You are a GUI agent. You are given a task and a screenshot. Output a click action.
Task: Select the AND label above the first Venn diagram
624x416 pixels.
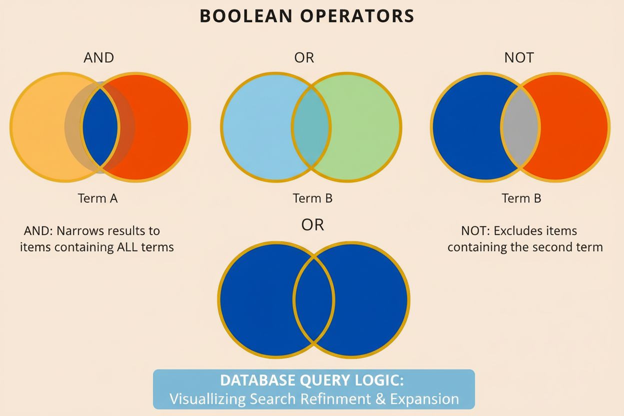pyautogui.click(x=98, y=57)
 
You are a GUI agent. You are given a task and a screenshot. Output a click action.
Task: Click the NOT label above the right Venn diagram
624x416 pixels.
pyautogui.click(x=519, y=57)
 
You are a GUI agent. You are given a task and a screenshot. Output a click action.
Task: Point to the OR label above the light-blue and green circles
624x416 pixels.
pyautogui.click(x=304, y=57)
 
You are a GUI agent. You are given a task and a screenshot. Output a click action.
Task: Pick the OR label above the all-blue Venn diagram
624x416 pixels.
pyautogui.click(x=312, y=225)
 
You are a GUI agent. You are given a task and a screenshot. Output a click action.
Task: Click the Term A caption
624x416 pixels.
pyautogui.click(x=98, y=198)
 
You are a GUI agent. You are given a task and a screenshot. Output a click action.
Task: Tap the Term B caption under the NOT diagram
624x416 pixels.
pyautogui.click(x=521, y=198)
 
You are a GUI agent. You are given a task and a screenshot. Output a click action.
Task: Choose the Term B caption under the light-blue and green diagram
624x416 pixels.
pyautogui.click(x=312, y=198)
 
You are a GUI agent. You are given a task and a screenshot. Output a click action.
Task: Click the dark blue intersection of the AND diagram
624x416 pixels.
pyautogui.click(x=100, y=127)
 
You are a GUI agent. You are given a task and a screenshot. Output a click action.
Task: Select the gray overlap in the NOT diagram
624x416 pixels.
pyautogui.click(x=520, y=127)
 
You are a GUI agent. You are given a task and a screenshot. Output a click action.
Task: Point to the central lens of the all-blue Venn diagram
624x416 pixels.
pyautogui.click(x=313, y=299)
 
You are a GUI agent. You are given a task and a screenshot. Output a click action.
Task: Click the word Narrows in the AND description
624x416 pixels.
pyautogui.click(x=78, y=231)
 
